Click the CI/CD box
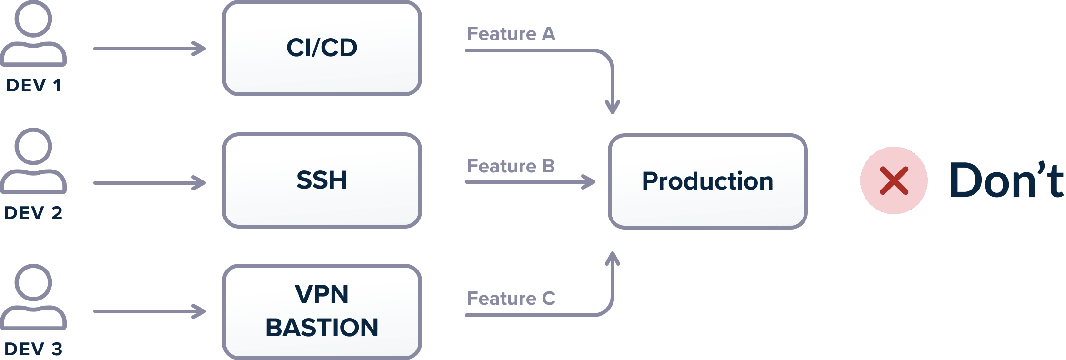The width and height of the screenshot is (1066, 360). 322,48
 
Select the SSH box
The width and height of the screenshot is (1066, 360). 322,180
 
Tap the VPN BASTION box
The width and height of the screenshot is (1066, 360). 322,311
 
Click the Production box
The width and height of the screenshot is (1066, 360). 708,181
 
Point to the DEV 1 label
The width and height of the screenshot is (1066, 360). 33,85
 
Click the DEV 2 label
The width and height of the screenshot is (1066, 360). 33,213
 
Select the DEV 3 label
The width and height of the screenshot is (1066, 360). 33,349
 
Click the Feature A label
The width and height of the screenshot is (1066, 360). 511,34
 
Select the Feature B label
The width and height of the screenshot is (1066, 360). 511,166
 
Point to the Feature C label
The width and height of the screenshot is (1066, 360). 511,299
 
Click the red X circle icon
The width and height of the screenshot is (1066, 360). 894,180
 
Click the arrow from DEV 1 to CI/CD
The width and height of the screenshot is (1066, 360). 150,49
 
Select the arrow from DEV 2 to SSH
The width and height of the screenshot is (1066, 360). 150,183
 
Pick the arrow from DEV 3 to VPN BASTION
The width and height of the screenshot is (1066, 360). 150,311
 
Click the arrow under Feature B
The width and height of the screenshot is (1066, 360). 531,182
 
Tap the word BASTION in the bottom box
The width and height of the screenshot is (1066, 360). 322,328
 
